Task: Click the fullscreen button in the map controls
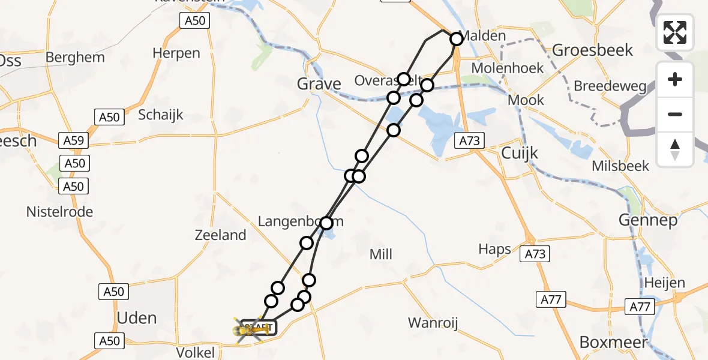pos(675,32)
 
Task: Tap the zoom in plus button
pos(675,79)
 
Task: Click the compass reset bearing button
pos(675,149)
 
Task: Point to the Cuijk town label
pos(520,154)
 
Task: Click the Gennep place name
pos(648,220)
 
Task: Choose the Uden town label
pos(137,317)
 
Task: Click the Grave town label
pos(319,85)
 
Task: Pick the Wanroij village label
pos(433,323)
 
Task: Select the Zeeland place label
pos(220,235)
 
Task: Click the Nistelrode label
pos(59,211)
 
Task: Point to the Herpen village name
pos(176,53)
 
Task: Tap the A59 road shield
pos(74,141)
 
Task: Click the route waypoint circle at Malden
pos(457,39)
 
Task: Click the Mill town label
pos(381,254)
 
